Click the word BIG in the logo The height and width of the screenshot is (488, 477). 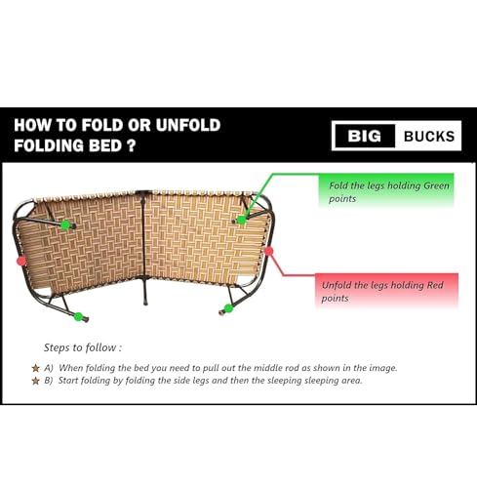click(364, 137)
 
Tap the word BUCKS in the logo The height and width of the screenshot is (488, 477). click(429, 137)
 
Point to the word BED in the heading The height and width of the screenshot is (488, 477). click(108, 147)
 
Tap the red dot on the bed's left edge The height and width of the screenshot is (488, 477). click(20, 261)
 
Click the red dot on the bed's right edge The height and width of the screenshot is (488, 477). click(269, 250)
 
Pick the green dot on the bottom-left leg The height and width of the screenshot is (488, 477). click(78, 316)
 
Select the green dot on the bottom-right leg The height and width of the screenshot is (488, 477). click(227, 309)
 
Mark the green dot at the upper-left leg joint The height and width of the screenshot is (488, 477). click(65, 224)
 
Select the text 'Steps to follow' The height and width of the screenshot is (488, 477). click(83, 346)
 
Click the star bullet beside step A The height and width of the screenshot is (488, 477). click(35, 368)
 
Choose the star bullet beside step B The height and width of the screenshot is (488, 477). click(35, 381)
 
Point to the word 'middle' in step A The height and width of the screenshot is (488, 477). click(256, 368)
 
